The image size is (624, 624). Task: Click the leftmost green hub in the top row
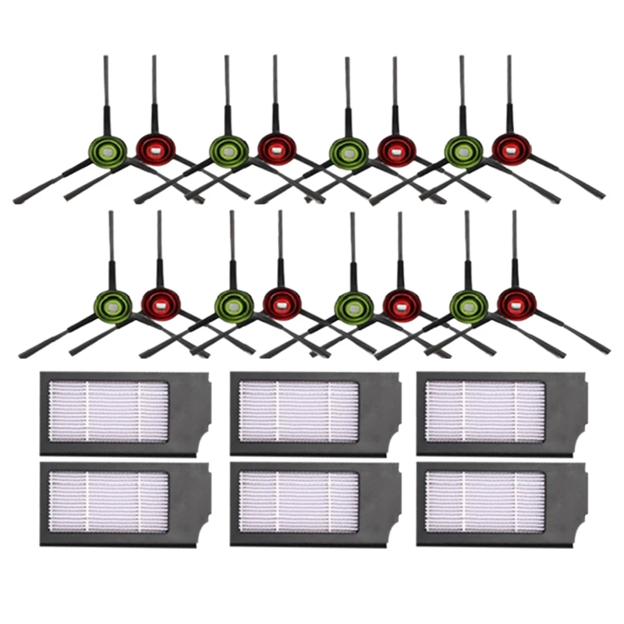pos(107,152)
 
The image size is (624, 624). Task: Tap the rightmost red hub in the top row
pos(512,149)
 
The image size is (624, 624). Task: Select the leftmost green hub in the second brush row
pos(112,306)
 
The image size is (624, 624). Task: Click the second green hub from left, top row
pos(228,152)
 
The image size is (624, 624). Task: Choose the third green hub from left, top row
pos(348,152)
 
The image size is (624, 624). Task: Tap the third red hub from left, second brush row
pos(401,303)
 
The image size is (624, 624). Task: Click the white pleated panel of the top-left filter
pos(108,411)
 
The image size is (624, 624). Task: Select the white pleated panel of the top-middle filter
pos(299,411)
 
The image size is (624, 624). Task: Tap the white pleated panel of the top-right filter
pos(485,411)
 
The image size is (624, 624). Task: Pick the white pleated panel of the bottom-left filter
pos(108,501)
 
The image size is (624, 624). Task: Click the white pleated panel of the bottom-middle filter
pos(299,501)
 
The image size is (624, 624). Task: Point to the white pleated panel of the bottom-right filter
pos(485,501)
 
